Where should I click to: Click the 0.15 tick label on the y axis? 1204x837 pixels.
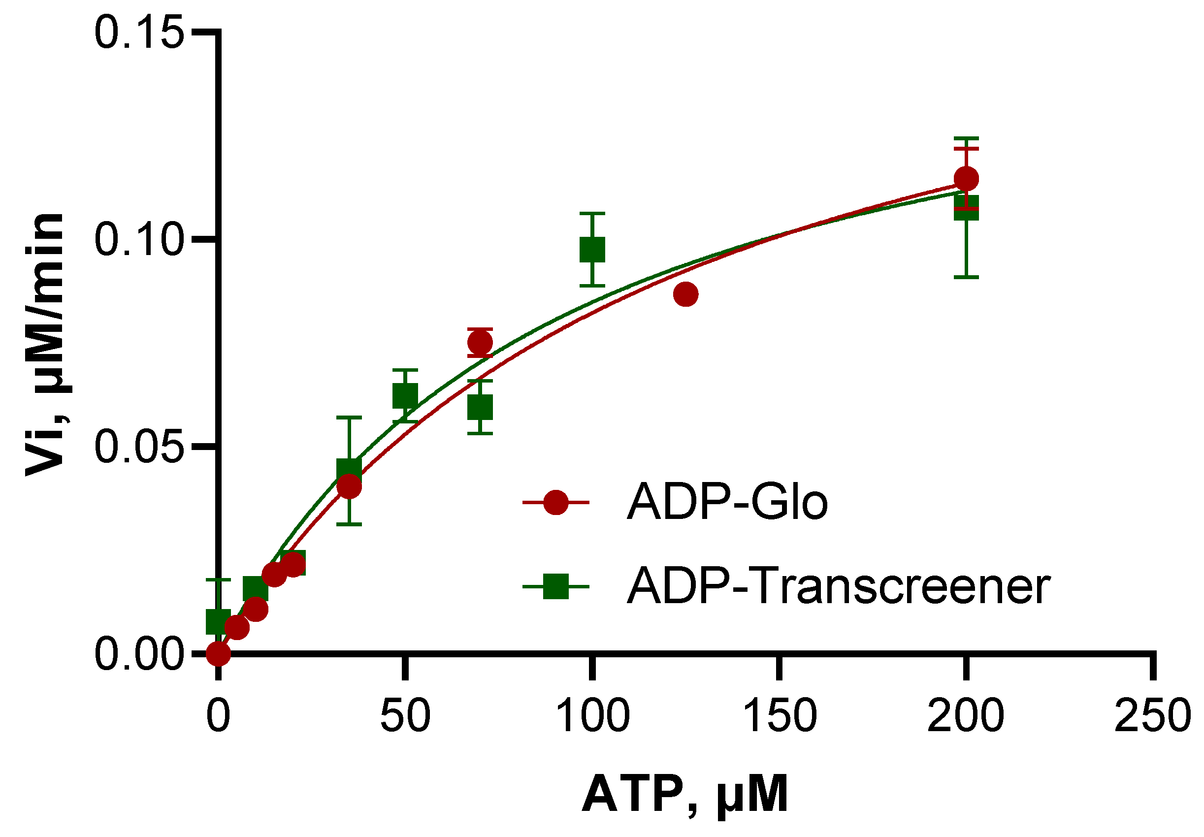139,33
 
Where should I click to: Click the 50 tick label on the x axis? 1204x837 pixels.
405,716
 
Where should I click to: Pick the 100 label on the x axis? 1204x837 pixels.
592,716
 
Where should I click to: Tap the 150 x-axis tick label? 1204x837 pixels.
780,716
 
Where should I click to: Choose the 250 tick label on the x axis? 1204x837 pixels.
1152,716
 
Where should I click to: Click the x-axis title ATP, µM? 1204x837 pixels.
685,795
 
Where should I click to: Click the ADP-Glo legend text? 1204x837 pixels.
727,502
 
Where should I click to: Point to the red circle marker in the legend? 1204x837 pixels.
555,502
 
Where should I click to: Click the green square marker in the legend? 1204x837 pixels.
555,586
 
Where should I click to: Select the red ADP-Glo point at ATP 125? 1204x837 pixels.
686,294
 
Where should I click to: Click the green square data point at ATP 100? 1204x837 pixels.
592,250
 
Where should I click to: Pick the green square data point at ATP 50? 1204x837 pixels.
405,396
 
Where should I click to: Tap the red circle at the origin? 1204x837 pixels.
218,653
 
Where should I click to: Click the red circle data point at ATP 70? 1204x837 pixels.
480,343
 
